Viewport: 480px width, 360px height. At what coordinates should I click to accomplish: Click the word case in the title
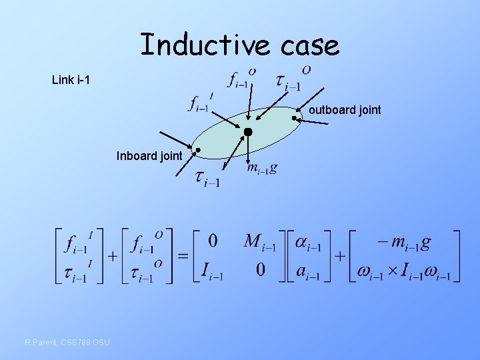(309, 45)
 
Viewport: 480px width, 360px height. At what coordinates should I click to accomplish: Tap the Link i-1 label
(71, 81)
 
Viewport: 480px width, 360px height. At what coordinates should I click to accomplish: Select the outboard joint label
(345, 110)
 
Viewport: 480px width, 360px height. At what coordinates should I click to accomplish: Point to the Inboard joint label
(149, 157)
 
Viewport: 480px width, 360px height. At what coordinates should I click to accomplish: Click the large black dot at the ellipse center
(248, 132)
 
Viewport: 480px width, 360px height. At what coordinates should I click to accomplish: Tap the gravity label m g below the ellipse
(261, 169)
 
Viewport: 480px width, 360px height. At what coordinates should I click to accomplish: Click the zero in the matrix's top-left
(213, 241)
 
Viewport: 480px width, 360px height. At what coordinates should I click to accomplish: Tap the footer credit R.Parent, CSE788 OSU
(67, 343)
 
